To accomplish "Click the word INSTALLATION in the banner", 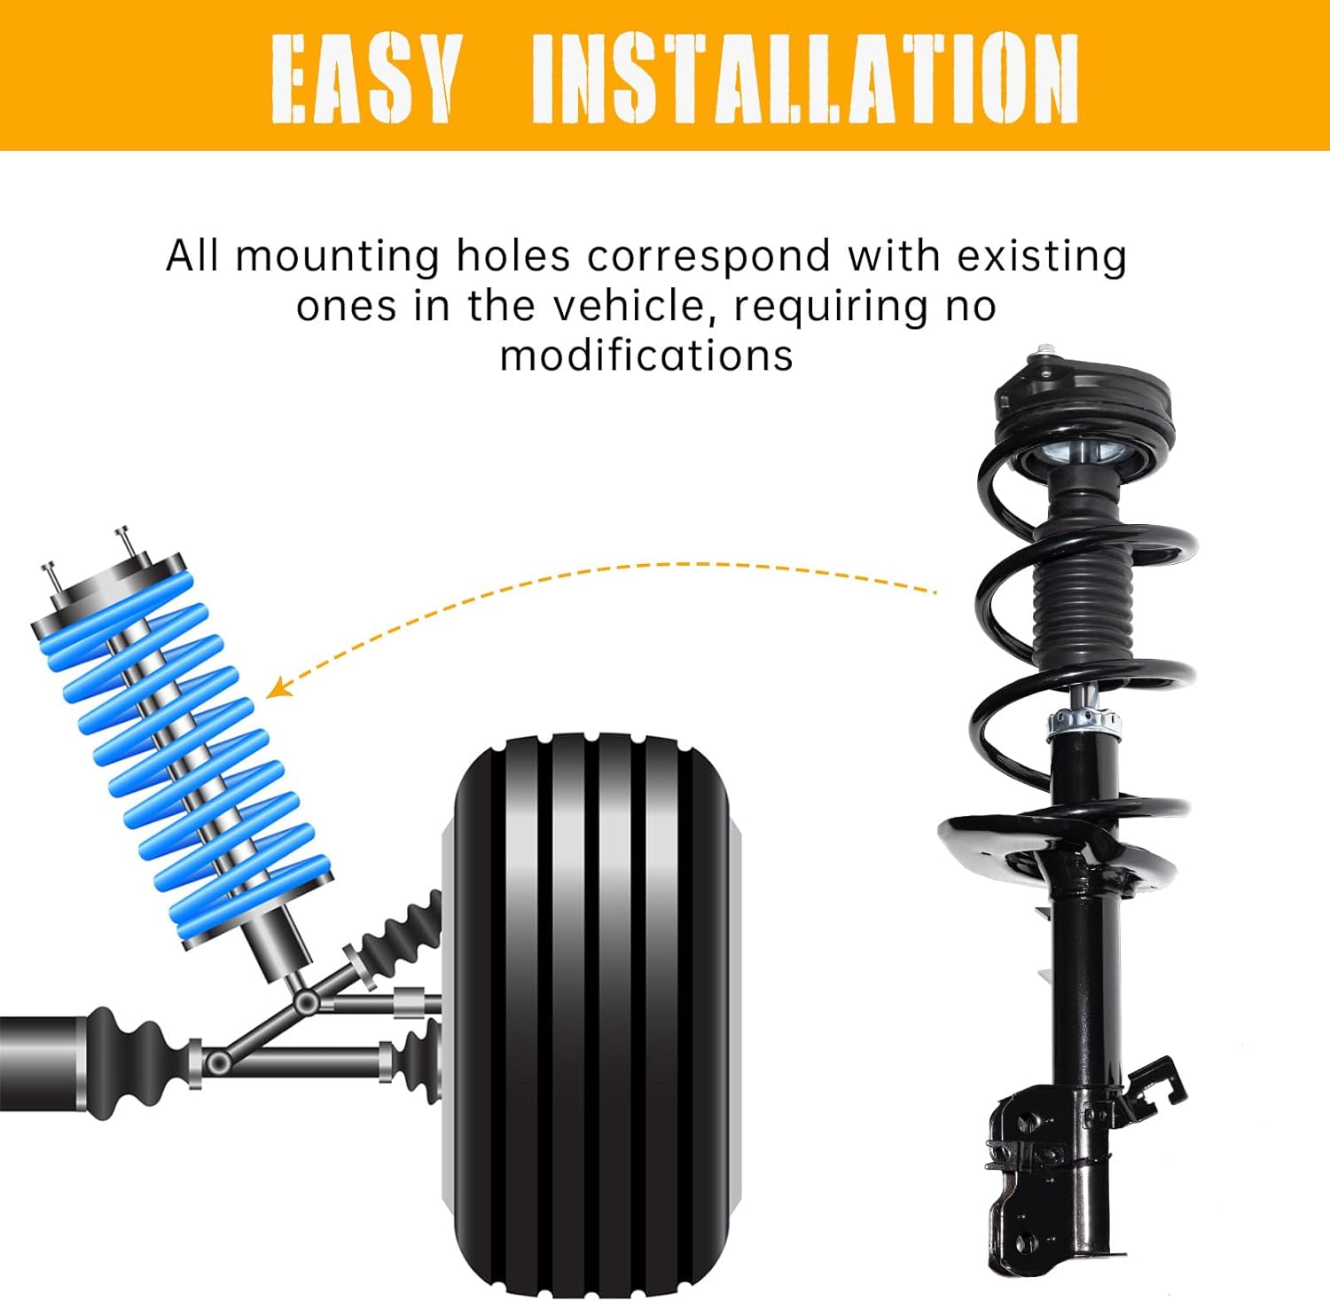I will [804, 78].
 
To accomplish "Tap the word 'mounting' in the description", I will [338, 257].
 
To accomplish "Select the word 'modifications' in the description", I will [646, 357].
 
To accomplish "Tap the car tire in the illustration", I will [591, 1011].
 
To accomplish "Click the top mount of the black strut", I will [1084, 404].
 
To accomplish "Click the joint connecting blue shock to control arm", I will [307, 1002].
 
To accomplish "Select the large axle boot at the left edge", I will [133, 1060].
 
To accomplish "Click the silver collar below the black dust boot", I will [1084, 723].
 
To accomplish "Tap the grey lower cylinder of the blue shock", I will [277, 944].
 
